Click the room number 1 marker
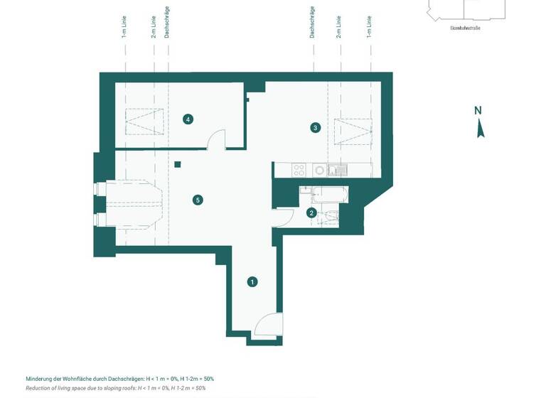[252, 282]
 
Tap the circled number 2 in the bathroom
[311, 213]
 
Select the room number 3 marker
[316, 128]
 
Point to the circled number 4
[188, 119]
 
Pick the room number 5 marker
[198, 200]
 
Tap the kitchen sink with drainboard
[336, 170]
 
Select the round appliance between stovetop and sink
[319, 170]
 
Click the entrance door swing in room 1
[269, 324]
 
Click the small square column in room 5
[178, 165]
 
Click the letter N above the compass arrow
[478, 110]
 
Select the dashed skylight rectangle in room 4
[144, 122]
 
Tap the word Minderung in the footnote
[41, 379]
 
